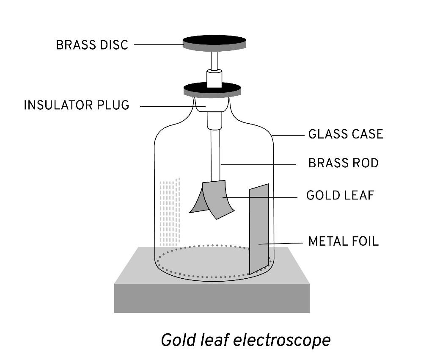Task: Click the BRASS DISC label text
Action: pyautogui.click(x=92, y=45)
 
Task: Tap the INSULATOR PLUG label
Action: pyautogui.click(x=76, y=105)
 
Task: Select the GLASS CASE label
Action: pyautogui.click(x=345, y=134)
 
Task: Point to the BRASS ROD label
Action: pyautogui.click(x=343, y=163)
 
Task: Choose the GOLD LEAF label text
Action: pyautogui.click(x=340, y=196)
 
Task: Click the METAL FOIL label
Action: pyautogui.click(x=343, y=241)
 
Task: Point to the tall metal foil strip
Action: pyautogui.click(x=259, y=229)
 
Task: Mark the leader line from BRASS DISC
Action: pyautogui.click(x=159, y=44)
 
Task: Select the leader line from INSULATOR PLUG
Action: pyautogui.click(x=169, y=106)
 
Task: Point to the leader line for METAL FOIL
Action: pyautogui.click(x=281, y=244)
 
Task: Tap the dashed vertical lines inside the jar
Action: pyautogui.click(x=170, y=212)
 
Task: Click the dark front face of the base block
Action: pyautogui.click(x=212, y=298)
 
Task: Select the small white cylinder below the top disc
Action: pyautogui.click(x=214, y=79)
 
